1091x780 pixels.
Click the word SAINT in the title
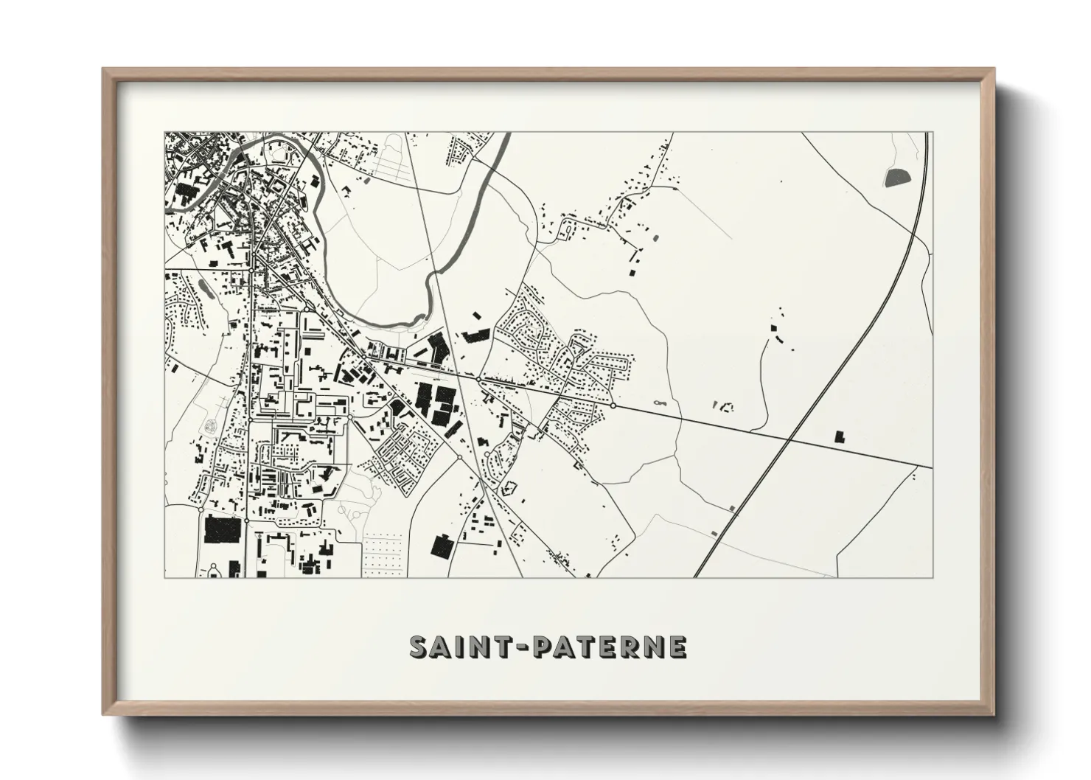click(x=452, y=647)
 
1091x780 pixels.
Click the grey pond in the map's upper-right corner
click(x=896, y=176)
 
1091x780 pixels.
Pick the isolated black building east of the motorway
click(x=839, y=436)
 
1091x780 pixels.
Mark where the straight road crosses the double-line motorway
click(x=790, y=440)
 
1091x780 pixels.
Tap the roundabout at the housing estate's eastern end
click(x=613, y=405)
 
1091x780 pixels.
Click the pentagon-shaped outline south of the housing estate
click(x=508, y=487)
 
